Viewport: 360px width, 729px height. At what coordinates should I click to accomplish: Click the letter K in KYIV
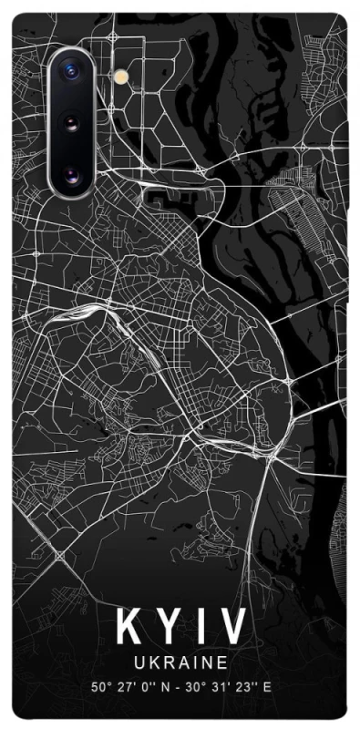coord(129,629)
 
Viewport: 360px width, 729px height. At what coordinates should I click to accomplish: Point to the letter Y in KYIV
coord(169,629)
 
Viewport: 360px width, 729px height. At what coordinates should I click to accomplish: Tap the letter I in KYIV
coord(201,629)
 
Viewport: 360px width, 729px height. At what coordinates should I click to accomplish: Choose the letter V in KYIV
coord(231,629)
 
